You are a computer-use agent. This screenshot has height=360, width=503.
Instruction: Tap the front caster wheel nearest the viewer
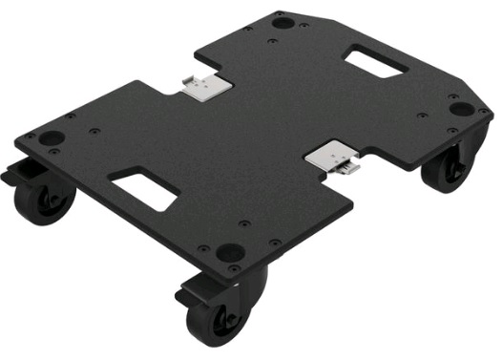point(223,311)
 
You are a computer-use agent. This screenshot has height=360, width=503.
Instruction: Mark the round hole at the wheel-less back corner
point(283,21)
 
